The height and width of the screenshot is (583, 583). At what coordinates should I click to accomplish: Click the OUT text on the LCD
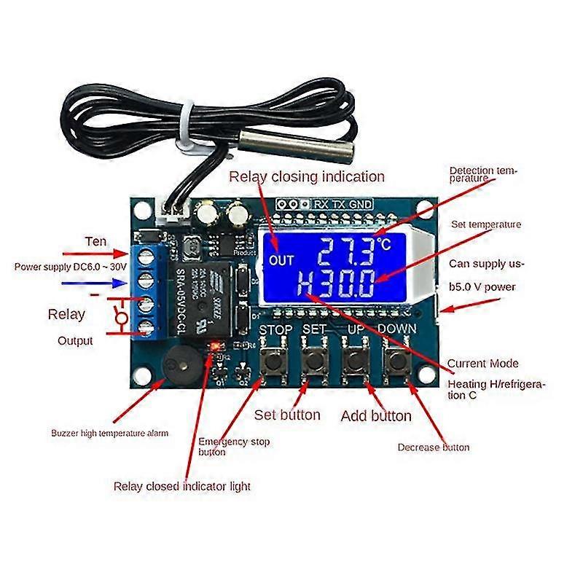[x=281, y=259]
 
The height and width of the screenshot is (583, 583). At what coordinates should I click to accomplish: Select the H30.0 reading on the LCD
[x=337, y=283]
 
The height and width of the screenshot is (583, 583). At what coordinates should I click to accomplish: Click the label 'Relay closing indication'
[x=306, y=176]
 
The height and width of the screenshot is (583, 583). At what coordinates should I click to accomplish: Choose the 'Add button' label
[x=376, y=416]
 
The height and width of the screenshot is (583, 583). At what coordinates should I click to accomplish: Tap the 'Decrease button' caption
[x=434, y=447]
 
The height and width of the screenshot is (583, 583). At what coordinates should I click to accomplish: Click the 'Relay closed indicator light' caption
[x=181, y=486]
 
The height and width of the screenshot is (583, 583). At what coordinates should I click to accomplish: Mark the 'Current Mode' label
[x=482, y=363]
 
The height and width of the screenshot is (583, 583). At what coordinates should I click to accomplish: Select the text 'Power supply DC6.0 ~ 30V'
[x=66, y=267]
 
